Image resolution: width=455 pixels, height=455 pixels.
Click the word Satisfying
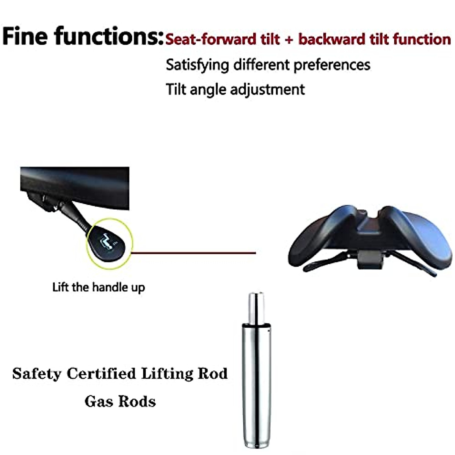[x=197, y=65]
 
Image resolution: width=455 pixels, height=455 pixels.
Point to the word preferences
[x=332, y=65]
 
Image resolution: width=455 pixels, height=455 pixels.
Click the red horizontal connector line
[x=193, y=253]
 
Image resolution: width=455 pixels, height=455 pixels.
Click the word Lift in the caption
[x=60, y=287]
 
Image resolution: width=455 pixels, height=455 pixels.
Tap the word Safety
[x=37, y=373]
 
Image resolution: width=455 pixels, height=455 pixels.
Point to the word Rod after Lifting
[x=212, y=373]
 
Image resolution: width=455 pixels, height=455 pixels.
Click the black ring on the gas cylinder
[x=256, y=325]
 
